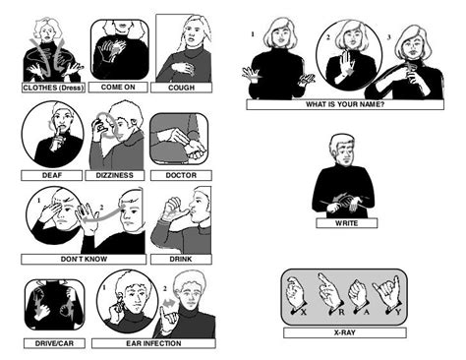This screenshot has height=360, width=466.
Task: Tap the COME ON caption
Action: [119, 87]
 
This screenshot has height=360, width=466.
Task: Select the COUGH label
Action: [180, 87]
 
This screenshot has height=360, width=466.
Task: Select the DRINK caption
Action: [180, 260]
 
